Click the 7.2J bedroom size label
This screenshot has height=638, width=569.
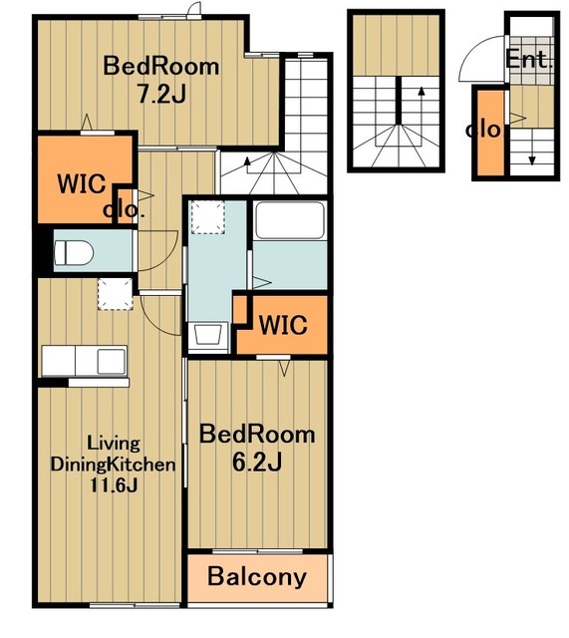[161, 95]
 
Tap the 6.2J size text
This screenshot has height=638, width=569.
[257, 462]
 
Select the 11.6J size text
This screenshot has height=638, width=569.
[114, 485]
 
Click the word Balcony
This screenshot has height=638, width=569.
[257, 577]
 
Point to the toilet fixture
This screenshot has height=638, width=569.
[74, 252]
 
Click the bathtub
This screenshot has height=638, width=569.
[290, 221]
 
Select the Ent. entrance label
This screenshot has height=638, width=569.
[529, 60]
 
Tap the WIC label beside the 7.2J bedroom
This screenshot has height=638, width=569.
[82, 183]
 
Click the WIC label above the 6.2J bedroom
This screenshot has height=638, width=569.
[283, 325]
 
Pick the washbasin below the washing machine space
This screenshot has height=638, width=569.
[208, 337]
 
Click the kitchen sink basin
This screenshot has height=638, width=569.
[111, 361]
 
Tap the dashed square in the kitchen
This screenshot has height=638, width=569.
[116, 294]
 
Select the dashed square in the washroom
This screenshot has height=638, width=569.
[208, 217]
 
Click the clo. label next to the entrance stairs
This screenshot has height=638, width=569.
[484, 130]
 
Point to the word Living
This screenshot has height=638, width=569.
[114, 444]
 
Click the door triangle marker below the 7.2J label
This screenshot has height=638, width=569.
[87, 122]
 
